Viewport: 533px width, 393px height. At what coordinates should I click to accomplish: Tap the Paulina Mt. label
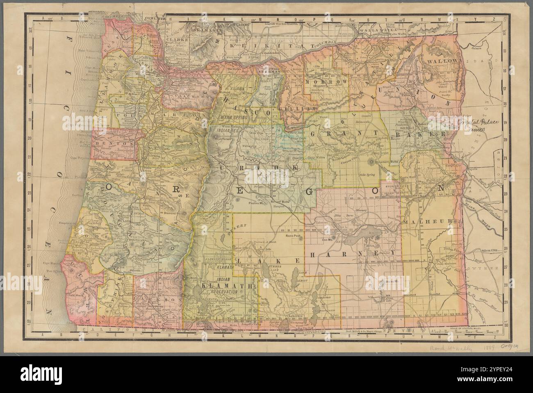pyautogui.click(x=257, y=202)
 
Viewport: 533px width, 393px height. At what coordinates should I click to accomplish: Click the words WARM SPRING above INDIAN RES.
pyautogui.click(x=235, y=116)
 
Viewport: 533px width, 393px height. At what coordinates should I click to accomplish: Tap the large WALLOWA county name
pyautogui.click(x=441, y=61)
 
